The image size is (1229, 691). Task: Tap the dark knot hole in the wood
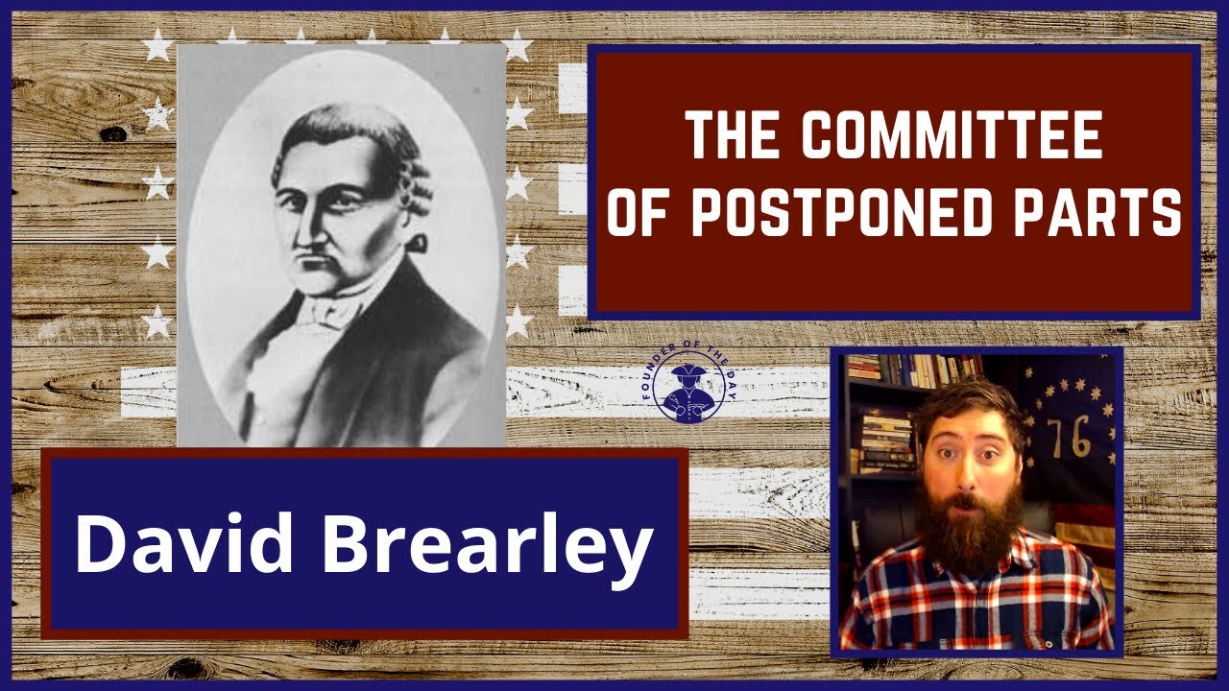pyautogui.click(x=113, y=133)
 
